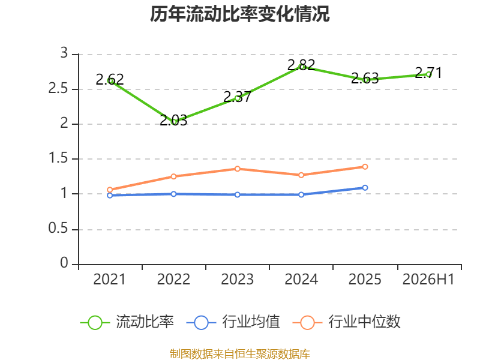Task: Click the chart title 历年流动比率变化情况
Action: [x=239, y=14]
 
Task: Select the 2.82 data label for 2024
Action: [x=301, y=65]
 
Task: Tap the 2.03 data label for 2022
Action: [x=173, y=121]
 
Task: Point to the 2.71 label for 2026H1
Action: [x=428, y=73]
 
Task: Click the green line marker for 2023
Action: [x=237, y=98]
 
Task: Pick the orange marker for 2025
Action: [x=365, y=167]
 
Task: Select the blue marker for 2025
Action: [x=365, y=188]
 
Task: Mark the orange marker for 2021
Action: [x=110, y=190]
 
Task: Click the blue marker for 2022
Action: [x=173, y=194]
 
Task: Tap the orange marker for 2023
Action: [x=237, y=169]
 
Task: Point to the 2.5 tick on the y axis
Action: [x=58, y=88]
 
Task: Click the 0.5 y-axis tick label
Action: [x=58, y=229]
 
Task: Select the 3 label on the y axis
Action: [x=64, y=53]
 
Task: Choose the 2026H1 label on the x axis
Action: [x=428, y=280]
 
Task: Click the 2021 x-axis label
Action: [x=110, y=280]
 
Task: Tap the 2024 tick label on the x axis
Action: [x=301, y=280]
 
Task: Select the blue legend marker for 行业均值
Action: [x=201, y=323]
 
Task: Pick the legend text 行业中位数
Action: [x=364, y=322]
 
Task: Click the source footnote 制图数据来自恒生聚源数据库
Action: [x=240, y=354]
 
